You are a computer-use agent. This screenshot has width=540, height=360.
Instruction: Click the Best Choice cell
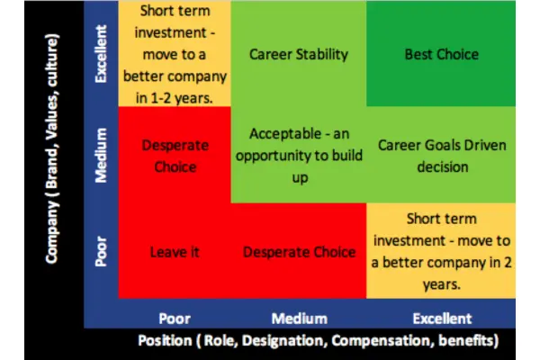click(442, 54)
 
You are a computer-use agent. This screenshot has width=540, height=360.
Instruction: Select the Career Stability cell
click(299, 54)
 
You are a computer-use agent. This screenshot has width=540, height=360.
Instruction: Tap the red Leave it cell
click(175, 253)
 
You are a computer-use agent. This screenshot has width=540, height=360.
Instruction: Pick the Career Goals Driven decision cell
click(442, 156)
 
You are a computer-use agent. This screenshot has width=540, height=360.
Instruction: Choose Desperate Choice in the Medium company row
click(175, 155)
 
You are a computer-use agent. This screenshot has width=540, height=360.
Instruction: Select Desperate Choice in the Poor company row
click(299, 253)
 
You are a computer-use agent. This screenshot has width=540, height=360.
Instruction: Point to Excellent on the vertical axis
click(103, 54)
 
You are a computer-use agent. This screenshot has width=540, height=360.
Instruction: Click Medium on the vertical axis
click(103, 155)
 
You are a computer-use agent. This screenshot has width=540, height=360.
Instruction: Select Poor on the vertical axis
click(103, 253)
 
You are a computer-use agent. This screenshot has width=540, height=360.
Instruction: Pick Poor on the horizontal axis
click(175, 318)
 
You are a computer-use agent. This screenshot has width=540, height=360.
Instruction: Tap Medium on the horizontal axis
click(299, 318)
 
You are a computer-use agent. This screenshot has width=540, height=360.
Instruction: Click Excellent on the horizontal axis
click(442, 318)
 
